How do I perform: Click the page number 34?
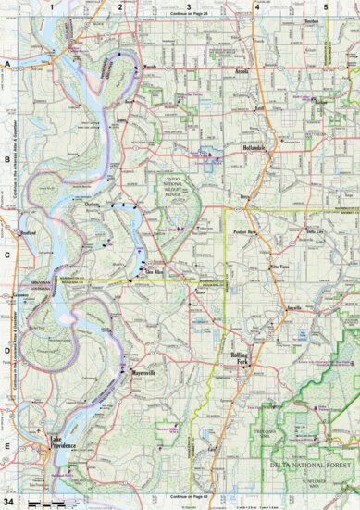pyautogui.click(x=9, y=502)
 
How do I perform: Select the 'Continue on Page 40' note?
pyautogui.click(x=189, y=500)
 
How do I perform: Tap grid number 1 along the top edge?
pyautogui.click(x=53, y=6)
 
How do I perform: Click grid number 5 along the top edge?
pyautogui.click(x=326, y=6)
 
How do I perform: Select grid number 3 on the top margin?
pyautogui.click(x=189, y=6)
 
